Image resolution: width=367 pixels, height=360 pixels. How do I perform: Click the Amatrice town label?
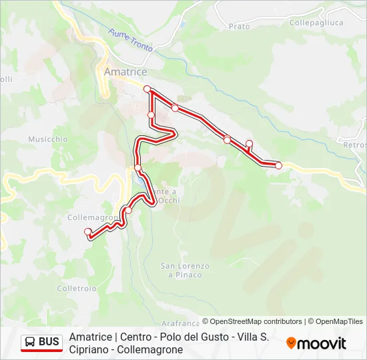pyautogui.click(x=125, y=71)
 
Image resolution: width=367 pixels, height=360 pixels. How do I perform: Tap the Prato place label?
pyautogui.click(x=239, y=27)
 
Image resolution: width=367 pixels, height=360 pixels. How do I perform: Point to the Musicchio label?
pyautogui.click(x=48, y=139)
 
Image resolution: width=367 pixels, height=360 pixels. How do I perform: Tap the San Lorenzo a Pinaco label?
pyautogui.click(x=185, y=270)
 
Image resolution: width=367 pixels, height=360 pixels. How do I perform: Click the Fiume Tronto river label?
pyautogui.click(x=131, y=40)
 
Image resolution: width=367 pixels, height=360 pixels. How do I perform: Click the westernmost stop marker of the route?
pyautogui.click(x=88, y=232)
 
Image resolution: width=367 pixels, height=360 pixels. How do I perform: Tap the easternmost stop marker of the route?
pyautogui.click(x=278, y=165)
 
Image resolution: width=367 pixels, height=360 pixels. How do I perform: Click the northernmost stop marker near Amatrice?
pyautogui.click(x=147, y=89)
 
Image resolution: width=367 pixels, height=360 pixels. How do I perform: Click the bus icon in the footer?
pyautogui.click(x=30, y=343)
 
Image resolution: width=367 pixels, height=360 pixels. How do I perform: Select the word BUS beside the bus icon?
pyautogui.click(x=49, y=343)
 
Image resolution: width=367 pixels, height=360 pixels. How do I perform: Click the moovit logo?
pyautogui.click(x=316, y=343)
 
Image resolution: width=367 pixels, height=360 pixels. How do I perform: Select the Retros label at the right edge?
pyautogui.click(x=354, y=145)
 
